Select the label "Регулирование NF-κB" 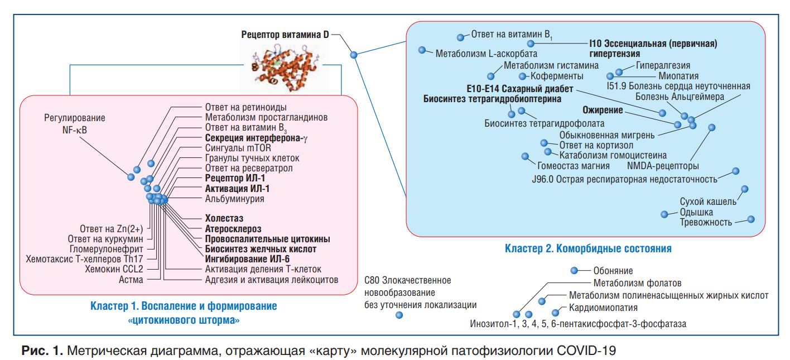(74, 124)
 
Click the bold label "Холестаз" (224, 218)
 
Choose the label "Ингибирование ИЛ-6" (247, 259)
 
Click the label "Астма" (131, 280)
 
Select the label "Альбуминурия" (234, 198)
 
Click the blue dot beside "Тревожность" (751, 219)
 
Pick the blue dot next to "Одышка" (664, 214)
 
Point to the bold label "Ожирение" (603, 111)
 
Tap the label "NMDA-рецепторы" (663, 166)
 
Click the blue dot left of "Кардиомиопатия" (556, 313)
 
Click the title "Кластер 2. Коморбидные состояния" (588, 248)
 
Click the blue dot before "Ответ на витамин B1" (460, 37)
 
